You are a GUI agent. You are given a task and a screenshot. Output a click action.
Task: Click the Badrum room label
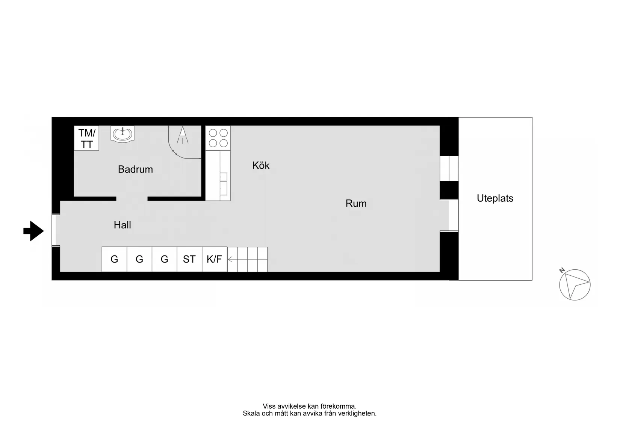coord(135,169)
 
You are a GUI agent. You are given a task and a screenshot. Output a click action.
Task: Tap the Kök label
coord(261,165)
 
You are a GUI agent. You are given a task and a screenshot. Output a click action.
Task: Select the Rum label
coord(356,203)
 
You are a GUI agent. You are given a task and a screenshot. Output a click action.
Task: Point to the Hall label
coord(122,225)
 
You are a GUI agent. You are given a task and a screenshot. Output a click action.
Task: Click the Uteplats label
coord(495,198)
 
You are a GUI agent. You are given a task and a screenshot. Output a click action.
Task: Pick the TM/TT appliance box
coord(86,138)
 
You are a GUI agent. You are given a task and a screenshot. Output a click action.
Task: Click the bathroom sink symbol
coord(122,134)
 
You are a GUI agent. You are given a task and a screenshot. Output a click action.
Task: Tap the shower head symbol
coord(183,135)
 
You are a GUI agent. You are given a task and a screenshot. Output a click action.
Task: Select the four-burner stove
coord(218,138)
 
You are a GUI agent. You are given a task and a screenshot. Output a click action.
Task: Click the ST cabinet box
coord(189,259)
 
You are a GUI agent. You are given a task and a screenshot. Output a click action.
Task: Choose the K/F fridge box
coord(215,259)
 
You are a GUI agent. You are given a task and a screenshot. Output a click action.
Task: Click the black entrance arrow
coord(33,231)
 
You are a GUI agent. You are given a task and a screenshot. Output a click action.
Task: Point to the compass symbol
coord(575,285)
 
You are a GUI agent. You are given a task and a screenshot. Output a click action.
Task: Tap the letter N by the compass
coord(562,270)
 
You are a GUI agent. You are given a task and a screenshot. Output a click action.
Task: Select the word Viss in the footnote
coord(269,406)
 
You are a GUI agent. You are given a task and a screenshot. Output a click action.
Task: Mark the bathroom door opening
coord(132,199)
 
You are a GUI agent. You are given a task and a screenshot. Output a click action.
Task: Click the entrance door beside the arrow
coord(56,230)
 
